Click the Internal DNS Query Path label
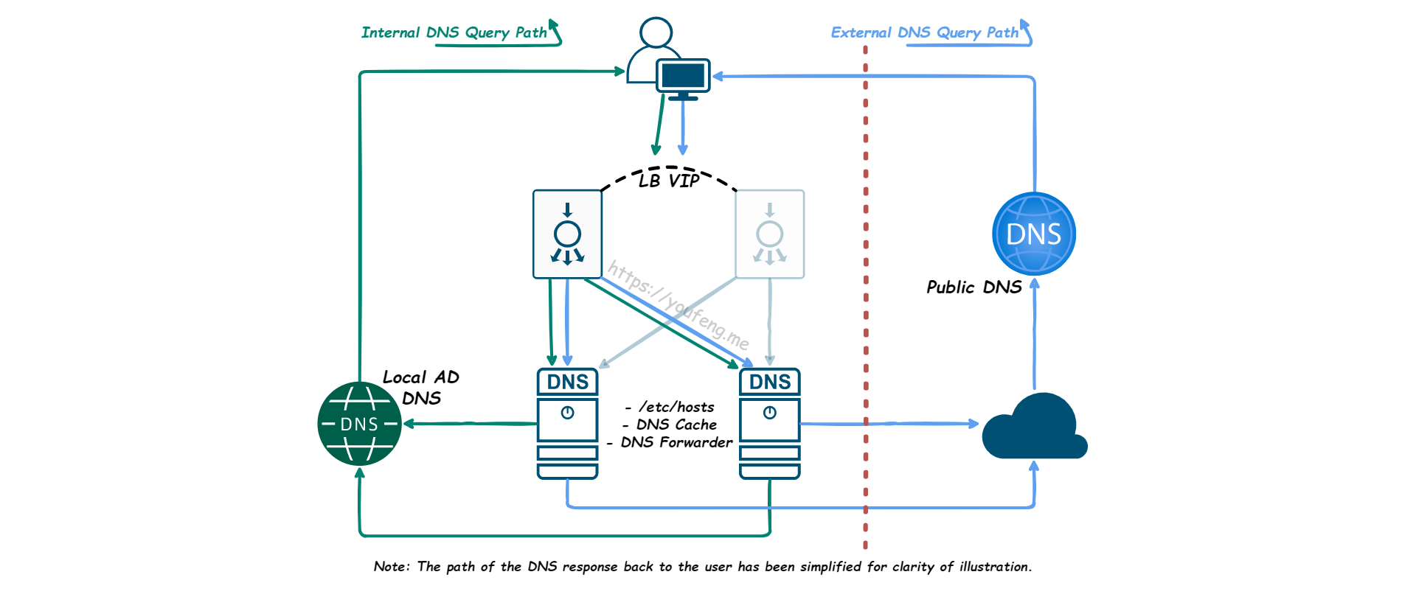click(x=454, y=32)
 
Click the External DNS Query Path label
click(x=924, y=32)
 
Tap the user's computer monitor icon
click(x=683, y=77)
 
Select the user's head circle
click(x=656, y=32)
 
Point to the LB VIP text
click(x=669, y=181)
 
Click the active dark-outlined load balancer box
click(x=567, y=234)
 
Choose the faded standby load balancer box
click(x=770, y=234)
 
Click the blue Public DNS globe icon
click(x=1034, y=234)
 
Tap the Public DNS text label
click(x=974, y=287)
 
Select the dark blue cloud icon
click(x=1034, y=429)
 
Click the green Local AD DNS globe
click(x=359, y=424)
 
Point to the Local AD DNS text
click(x=421, y=388)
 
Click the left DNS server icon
click(x=567, y=424)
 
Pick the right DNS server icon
click(x=770, y=424)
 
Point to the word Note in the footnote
click(x=390, y=567)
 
